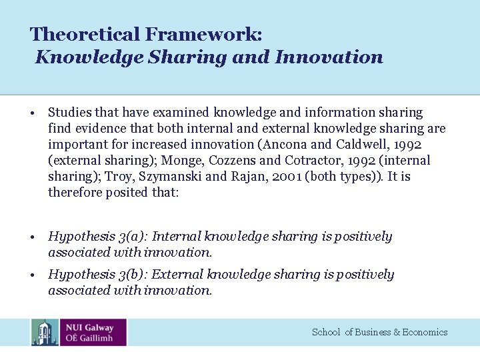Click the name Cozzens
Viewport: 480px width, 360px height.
coord(230,160)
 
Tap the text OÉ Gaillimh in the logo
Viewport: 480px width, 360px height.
coord(90,338)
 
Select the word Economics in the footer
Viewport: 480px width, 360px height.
coord(425,332)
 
